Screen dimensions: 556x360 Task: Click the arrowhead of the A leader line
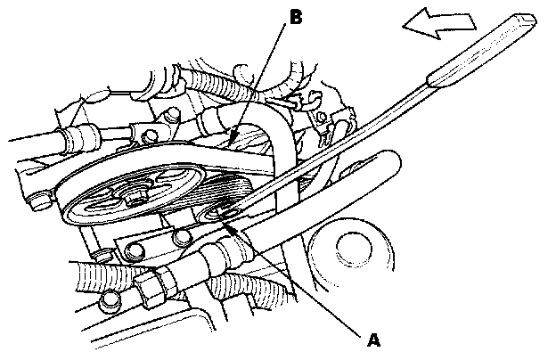tap(230, 225)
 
